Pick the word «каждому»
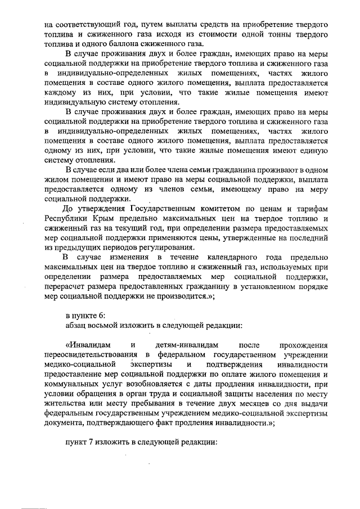[60, 92]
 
